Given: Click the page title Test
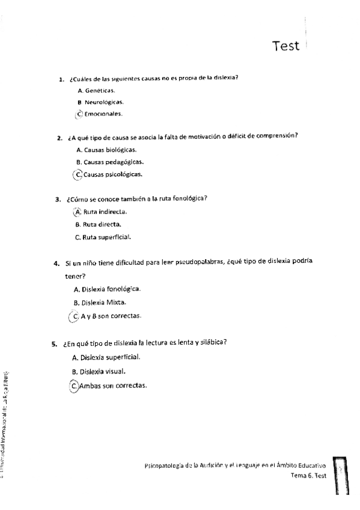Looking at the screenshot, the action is point(285,46).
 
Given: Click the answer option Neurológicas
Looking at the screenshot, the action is point(100,102).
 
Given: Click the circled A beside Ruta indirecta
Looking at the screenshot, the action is point(76,212).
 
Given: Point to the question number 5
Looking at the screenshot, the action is point(53,343).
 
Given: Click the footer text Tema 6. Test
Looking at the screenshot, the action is point(308,475).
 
